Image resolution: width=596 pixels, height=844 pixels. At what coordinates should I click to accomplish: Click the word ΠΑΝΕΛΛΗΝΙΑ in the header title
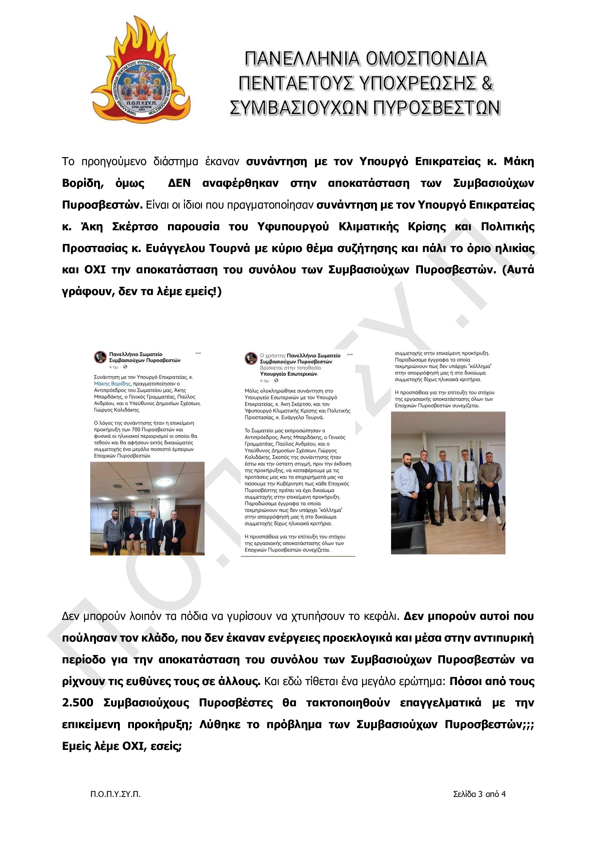[x=302, y=59]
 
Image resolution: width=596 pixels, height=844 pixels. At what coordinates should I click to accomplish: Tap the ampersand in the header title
[x=487, y=83]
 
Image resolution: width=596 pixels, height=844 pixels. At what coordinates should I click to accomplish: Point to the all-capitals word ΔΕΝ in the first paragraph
[x=179, y=183]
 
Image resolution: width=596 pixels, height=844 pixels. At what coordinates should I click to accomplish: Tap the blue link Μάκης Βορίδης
[x=112, y=384]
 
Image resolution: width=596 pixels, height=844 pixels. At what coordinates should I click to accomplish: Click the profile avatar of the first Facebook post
[x=100, y=357]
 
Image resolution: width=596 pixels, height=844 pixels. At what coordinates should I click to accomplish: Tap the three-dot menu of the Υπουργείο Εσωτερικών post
[x=350, y=355]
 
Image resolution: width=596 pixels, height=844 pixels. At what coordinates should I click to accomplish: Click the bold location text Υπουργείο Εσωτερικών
[x=289, y=374]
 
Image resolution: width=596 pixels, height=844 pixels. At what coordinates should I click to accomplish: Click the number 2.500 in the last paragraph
[x=77, y=702]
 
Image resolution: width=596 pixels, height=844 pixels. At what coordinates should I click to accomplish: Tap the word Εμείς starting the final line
[x=76, y=746]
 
